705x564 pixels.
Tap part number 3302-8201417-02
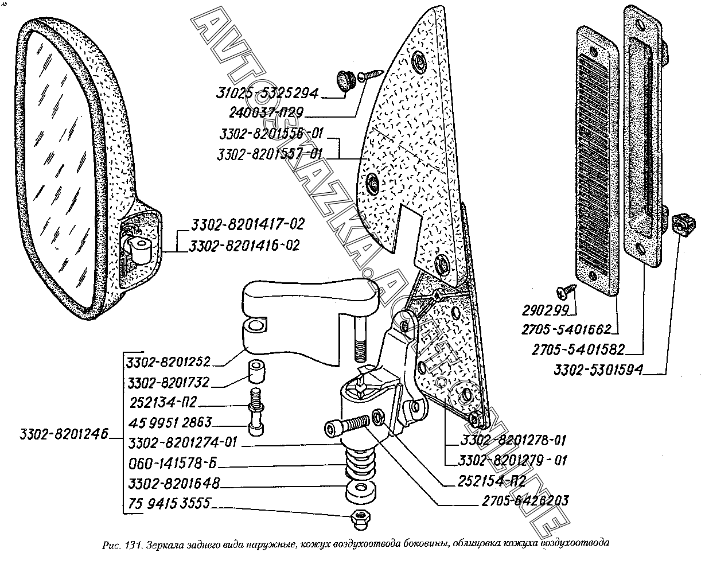coord(240,224)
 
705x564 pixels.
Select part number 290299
coord(545,310)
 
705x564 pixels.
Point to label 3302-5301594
coord(598,370)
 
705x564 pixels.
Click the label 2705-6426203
coord(525,500)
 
